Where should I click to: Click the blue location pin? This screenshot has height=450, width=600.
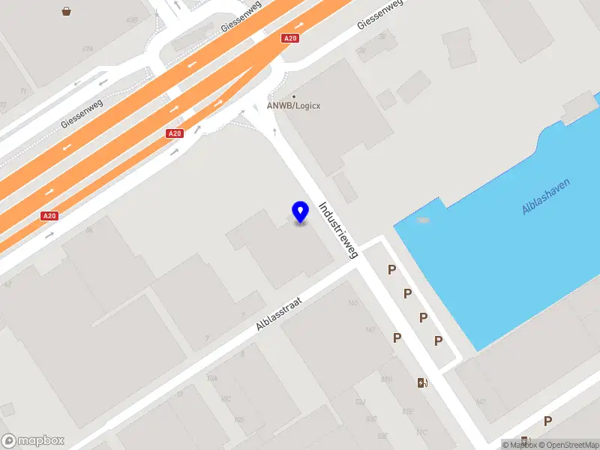pyautogui.click(x=300, y=211)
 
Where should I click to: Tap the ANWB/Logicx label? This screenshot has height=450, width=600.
pyautogui.click(x=294, y=106)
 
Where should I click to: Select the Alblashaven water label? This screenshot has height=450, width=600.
pyautogui.click(x=546, y=197)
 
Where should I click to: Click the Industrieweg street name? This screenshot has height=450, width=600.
pyautogui.click(x=339, y=230)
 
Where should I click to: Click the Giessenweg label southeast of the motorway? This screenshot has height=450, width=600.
pyautogui.click(x=380, y=14)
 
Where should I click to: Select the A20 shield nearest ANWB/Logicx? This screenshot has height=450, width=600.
pyautogui.click(x=290, y=38)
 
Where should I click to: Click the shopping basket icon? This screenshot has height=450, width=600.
pyautogui.click(x=67, y=11)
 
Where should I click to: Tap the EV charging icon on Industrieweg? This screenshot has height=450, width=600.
pyautogui.click(x=423, y=383)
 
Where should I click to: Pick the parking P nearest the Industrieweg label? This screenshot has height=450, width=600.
pyautogui.click(x=391, y=270)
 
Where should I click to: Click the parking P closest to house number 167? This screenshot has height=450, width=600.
pyautogui.click(x=397, y=338)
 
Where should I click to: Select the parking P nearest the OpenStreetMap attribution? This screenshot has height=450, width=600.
pyautogui.click(x=547, y=421)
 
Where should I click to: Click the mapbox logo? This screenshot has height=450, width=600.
pyautogui.click(x=33, y=441)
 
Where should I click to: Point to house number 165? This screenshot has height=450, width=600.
pyautogui.click(x=353, y=303)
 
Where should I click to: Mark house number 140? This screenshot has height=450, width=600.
pyautogui.click(x=481, y=402)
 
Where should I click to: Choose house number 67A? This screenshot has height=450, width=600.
pyautogui.click(x=88, y=49)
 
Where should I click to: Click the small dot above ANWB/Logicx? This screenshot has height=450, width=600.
pyautogui.click(x=294, y=97)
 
